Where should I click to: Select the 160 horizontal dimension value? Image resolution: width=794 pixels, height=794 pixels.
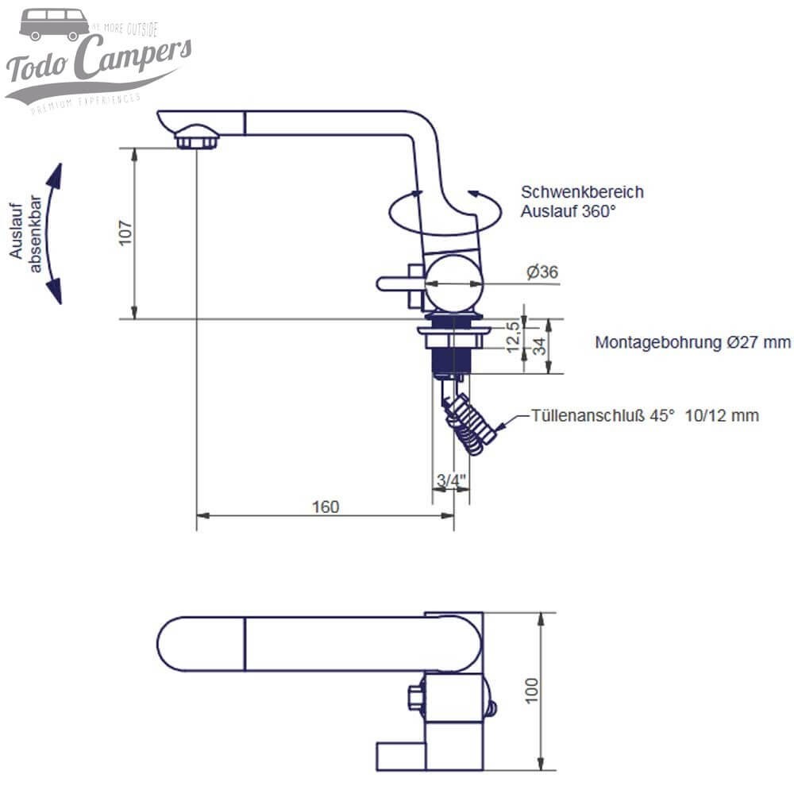pos(326,507)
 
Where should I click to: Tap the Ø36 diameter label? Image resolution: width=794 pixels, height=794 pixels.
pos(542,272)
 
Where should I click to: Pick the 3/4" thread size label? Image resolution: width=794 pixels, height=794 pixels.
pos(450,480)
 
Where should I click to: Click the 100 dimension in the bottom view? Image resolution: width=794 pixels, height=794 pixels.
pos(531,689)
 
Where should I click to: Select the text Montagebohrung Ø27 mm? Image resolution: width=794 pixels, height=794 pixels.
pos(693,342)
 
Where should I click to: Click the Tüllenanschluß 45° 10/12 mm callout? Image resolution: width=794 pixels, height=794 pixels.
pos(645,415)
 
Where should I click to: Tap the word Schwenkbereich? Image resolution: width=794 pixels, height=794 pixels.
pos(582,192)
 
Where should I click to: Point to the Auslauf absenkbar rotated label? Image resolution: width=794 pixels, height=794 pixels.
pos(25,235)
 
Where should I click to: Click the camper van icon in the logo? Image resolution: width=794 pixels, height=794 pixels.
pos(54,25)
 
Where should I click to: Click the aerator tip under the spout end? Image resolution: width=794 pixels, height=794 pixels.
pos(196,141)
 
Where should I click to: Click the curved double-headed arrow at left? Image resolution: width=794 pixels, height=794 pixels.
pos(53,233)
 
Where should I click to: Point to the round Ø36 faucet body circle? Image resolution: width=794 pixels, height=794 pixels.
pos(453,283)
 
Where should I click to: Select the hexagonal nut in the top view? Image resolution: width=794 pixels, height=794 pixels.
pos(414,698)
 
